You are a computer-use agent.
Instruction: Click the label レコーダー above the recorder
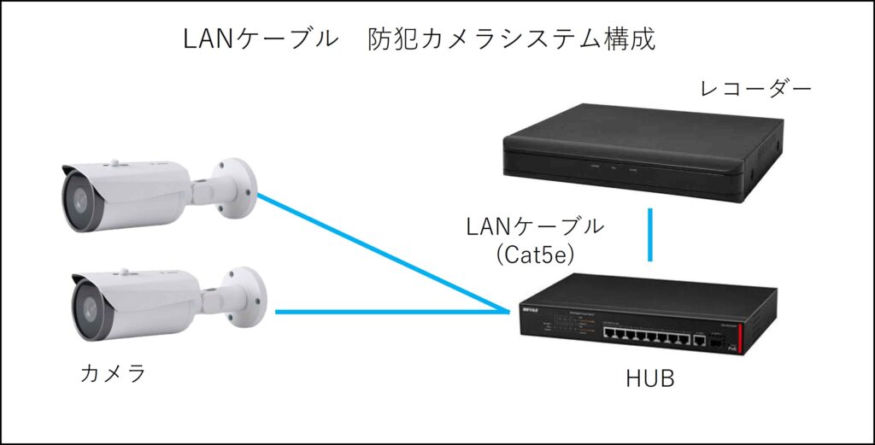point(755,90)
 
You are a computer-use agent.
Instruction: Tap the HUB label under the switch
point(649,378)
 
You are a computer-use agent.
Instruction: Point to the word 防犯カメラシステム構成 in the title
point(512,39)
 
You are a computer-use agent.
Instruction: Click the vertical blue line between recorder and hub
point(650,234)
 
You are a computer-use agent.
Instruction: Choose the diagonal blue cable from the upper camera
point(376,252)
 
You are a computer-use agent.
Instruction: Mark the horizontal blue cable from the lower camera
point(385,312)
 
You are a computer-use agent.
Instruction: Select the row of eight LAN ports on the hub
point(646,334)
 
